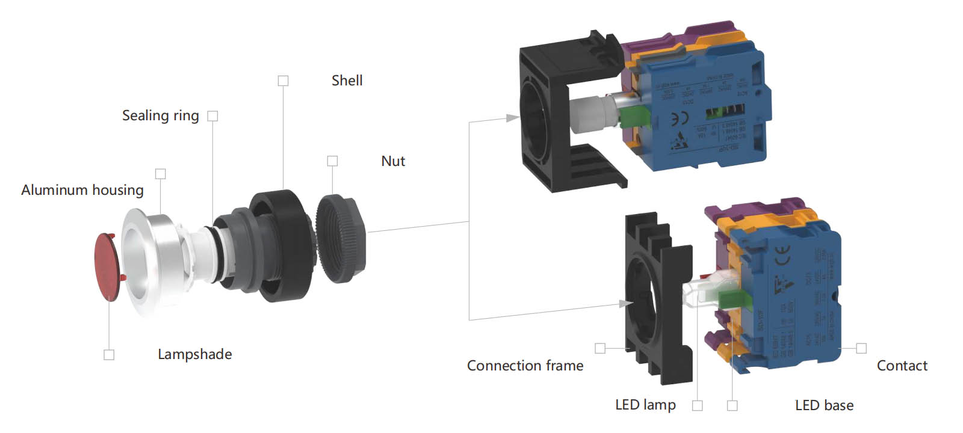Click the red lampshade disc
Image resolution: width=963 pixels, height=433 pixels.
coord(108,266)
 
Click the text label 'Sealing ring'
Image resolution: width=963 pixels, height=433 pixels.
coord(160,115)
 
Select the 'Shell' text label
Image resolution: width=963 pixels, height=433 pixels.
coord(347,81)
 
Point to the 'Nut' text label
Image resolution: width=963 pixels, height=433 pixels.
coord(393,161)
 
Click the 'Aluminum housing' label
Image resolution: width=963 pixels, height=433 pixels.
coord(82,190)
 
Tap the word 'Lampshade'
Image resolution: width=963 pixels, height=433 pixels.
coord(194,354)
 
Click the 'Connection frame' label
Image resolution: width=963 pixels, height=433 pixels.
coord(525,366)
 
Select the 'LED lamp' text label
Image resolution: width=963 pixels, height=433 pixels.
coord(645,405)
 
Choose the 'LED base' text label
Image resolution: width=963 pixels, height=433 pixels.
coord(824,405)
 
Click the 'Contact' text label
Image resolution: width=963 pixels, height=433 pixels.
coord(902,366)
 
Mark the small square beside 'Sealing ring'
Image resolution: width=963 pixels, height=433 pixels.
coord(212,116)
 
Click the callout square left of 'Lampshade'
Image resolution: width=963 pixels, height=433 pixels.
coord(109,355)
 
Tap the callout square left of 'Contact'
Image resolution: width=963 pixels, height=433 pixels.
coord(861,348)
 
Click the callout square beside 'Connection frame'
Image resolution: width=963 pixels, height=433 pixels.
coord(600,348)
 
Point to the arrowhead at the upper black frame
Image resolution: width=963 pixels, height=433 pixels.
coord(513,117)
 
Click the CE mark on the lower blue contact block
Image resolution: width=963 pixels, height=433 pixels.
coord(782,256)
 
